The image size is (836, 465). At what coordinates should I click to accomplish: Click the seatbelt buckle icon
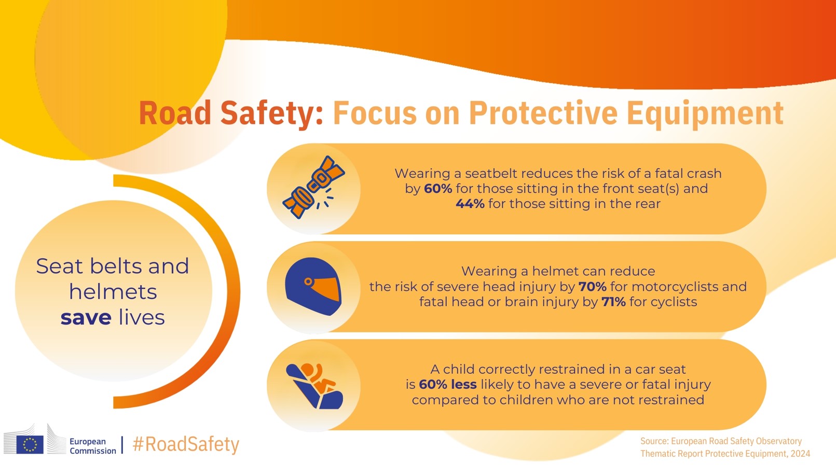point(313,187)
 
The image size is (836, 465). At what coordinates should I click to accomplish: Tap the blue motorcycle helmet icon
point(313,286)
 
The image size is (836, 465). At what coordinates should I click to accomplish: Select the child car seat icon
point(314,386)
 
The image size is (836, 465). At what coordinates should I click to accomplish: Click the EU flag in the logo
point(30,444)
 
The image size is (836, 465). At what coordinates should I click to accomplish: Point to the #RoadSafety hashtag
point(186,444)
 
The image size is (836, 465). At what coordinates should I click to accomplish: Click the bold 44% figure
point(470,204)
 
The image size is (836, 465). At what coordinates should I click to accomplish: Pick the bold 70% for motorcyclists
point(592,286)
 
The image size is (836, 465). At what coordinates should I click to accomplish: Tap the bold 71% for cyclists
point(613,302)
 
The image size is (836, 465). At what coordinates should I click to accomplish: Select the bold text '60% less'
point(448,385)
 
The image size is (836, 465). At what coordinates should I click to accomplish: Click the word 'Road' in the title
point(175,113)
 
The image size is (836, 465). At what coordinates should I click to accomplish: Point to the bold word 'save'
point(86,318)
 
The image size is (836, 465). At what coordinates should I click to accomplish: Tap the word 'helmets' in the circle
point(113,292)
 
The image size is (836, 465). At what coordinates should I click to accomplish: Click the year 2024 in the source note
point(800,454)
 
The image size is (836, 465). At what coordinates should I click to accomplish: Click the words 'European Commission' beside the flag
point(92,446)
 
